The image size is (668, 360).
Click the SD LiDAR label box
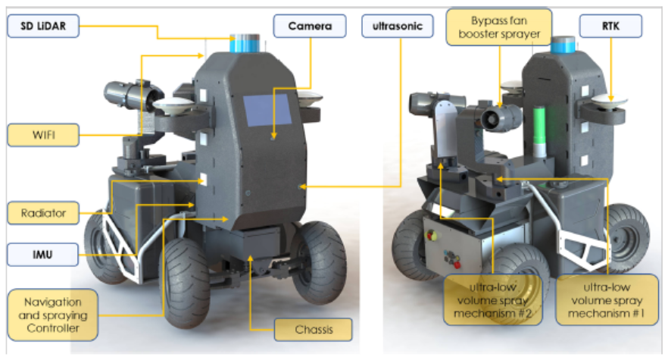point(43,26)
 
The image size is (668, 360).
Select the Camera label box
point(310,26)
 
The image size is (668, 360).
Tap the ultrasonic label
point(398,26)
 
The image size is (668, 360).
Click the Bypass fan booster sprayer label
point(499,27)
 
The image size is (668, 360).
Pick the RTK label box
point(610,26)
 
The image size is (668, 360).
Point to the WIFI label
point(43,135)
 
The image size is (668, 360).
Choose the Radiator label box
point(43,213)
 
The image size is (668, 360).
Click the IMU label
point(42,255)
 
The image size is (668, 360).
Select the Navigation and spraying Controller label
point(53,315)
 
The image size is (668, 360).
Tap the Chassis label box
point(313,329)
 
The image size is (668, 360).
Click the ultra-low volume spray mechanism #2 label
point(493,300)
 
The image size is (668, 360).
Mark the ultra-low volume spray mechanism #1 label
point(607,300)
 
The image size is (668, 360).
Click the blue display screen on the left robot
point(267,110)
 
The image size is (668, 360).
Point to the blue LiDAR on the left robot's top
point(245,44)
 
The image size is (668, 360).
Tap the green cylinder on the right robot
point(540,127)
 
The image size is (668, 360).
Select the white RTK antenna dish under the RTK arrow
point(609,102)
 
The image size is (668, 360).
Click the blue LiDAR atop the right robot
point(563,45)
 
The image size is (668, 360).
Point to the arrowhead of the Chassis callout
point(251,258)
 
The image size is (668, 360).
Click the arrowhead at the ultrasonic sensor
point(303,186)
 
